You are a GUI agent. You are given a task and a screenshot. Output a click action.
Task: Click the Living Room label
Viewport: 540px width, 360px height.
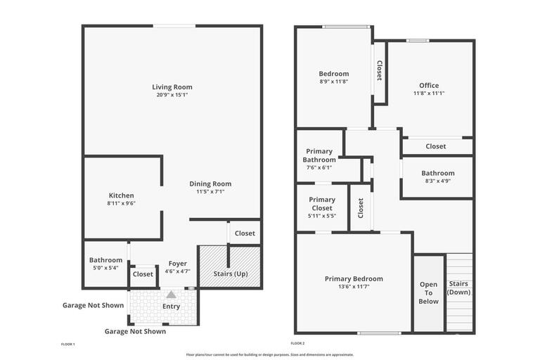(x=172, y=87)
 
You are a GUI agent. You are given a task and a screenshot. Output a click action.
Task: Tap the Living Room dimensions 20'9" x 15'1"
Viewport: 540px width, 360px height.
(x=172, y=95)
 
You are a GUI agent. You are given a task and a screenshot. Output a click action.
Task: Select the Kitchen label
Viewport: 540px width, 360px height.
(x=121, y=195)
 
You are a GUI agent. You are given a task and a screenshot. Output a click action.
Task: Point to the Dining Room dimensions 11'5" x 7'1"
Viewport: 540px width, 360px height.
(x=210, y=191)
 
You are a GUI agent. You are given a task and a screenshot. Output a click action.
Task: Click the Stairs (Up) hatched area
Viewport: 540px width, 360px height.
(x=230, y=266)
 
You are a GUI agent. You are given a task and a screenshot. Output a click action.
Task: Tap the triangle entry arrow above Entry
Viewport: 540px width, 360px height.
(x=171, y=295)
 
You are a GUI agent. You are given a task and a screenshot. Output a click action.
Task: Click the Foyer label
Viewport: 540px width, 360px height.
(x=177, y=264)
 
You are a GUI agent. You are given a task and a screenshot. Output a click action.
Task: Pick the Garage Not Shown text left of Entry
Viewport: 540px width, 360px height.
(x=93, y=306)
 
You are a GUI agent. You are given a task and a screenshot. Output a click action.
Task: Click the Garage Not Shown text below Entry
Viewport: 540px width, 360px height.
(x=135, y=331)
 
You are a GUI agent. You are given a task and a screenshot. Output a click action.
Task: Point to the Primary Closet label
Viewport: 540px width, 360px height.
(x=322, y=204)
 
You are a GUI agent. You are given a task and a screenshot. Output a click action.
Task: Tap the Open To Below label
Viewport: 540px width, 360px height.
(x=428, y=292)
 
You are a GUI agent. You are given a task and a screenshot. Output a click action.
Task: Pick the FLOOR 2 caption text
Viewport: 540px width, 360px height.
(x=297, y=343)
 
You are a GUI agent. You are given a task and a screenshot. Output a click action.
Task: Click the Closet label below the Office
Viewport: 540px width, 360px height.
(x=435, y=146)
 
